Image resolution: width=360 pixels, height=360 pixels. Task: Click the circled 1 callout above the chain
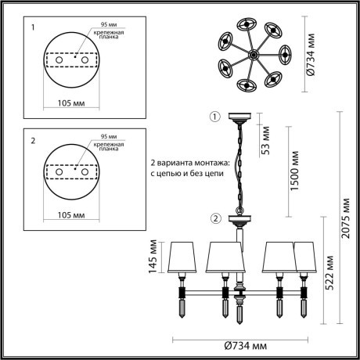point(215,118)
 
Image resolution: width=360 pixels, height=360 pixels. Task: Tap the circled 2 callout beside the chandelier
point(215,218)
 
